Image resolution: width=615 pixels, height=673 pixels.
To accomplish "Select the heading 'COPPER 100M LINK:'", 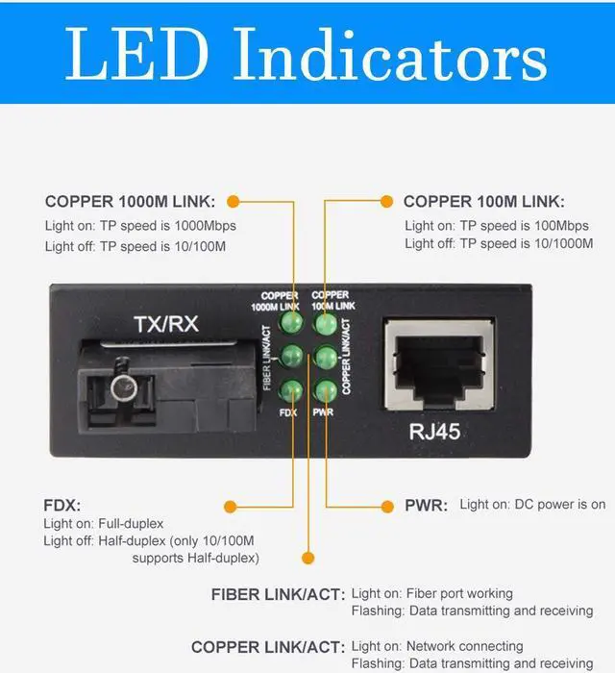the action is (x=484, y=202).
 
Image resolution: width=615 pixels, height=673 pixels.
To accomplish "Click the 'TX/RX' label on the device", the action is (x=164, y=324).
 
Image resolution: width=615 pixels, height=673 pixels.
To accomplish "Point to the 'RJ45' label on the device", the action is (x=434, y=432).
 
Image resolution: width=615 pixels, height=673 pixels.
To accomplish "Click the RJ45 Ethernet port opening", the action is (x=433, y=366).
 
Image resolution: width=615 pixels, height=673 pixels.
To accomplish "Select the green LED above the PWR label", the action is (x=327, y=390).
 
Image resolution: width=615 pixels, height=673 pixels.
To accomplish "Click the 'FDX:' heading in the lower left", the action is (x=62, y=506).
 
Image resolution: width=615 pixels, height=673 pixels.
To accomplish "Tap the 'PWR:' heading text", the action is (x=426, y=506).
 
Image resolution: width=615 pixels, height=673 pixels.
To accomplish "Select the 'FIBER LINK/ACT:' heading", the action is (x=278, y=595).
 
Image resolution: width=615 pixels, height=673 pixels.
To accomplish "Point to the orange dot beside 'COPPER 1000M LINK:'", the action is (x=232, y=201).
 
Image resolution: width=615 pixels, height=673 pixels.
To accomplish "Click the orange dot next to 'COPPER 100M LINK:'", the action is (x=386, y=201).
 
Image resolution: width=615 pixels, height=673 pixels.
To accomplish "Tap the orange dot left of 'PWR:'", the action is (x=386, y=506).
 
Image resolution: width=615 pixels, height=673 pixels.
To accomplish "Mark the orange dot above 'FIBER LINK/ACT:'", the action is (x=307, y=557).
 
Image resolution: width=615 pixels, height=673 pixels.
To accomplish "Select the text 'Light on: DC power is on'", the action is (x=532, y=505).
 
